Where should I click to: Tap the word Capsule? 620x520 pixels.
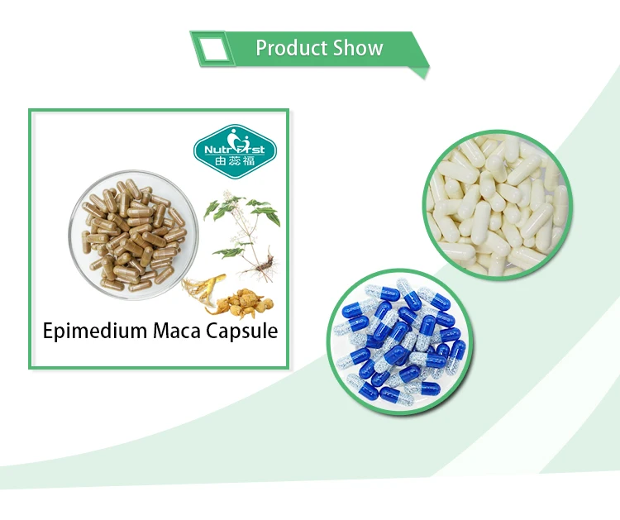point(245,331)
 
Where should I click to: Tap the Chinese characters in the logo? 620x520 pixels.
point(235,160)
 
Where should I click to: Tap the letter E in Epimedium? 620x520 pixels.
point(48,331)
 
